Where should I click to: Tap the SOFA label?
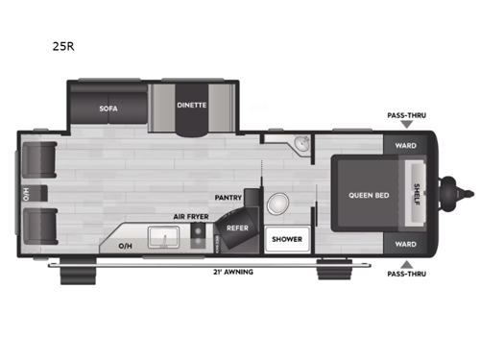(108, 108)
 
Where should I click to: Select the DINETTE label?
(191, 106)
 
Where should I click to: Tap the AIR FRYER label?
(191, 217)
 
